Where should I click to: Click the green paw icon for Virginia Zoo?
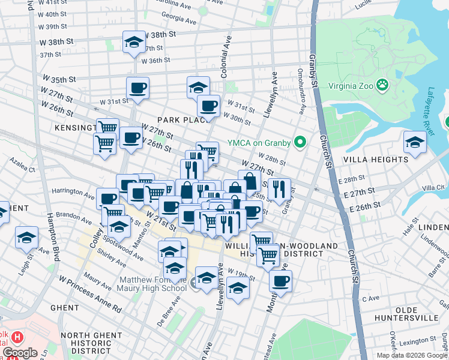(x=382, y=85)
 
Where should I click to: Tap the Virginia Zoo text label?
(x=351, y=85)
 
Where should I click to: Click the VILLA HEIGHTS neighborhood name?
(x=376, y=160)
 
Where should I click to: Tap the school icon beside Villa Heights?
(x=414, y=143)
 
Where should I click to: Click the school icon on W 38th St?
(x=134, y=43)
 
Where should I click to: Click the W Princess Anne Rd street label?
(x=90, y=295)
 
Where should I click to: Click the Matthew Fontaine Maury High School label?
(x=153, y=284)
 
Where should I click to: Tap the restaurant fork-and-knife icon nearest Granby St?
(x=279, y=190)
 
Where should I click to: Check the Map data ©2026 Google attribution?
(x=412, y=355)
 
